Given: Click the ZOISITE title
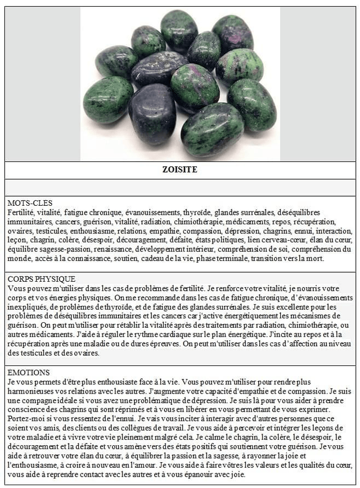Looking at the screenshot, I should point(179,169).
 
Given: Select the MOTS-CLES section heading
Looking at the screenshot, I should point(30,203).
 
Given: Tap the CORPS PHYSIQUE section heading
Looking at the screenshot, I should point(42,279).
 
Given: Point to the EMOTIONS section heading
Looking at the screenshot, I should point(29,372).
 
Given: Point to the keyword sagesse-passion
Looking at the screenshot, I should point(67,249).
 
